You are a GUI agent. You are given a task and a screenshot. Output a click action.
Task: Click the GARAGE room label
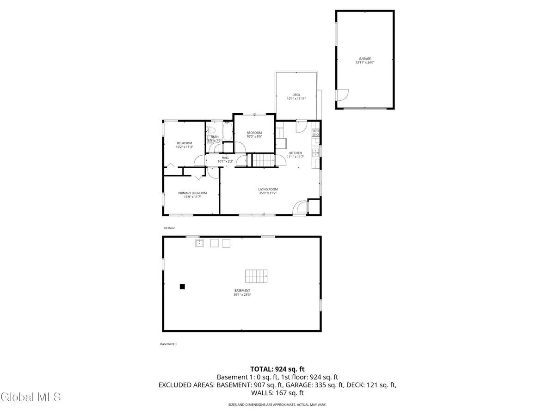[365, 59]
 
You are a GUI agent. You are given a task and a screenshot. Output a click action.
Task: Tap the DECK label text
[296, 95]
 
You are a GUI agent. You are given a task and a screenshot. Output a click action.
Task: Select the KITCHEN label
[296, 153]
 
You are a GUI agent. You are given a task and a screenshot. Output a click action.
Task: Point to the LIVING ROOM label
[268, 189]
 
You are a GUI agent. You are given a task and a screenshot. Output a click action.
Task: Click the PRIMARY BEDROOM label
[192, 193]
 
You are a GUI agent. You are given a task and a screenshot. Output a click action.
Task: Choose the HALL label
[225, 158]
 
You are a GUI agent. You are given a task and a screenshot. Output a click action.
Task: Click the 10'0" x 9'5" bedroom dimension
[254, 137]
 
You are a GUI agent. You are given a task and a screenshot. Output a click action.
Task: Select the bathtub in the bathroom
[228, 131]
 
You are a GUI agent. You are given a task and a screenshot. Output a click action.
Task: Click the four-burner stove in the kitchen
[316, 133]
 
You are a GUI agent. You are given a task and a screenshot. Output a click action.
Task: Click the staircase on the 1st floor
[264, 160]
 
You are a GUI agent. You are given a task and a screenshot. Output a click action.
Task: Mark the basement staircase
[256, 275]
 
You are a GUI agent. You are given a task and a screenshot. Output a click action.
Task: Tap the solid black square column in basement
[182, 287]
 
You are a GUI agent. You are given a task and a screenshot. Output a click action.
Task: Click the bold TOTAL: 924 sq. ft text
[277, 369]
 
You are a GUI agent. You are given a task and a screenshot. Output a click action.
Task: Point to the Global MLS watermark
[31, 397]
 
